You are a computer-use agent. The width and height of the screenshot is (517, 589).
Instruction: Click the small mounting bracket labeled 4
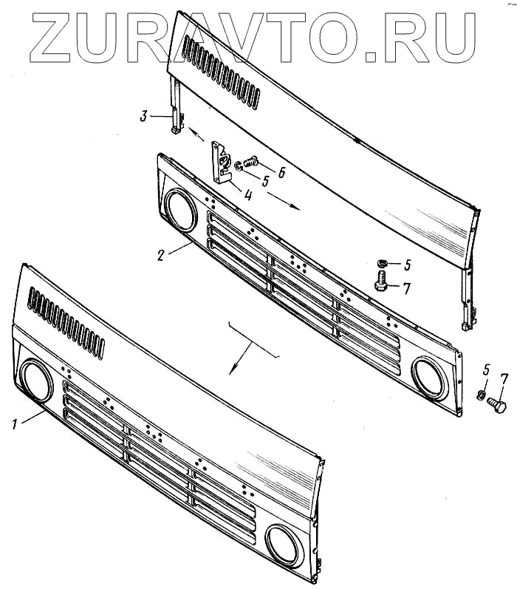tap(222, 162)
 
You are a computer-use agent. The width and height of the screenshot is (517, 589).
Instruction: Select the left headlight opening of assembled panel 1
tap(36, 381)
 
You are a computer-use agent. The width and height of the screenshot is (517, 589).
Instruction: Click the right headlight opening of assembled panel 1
tap(285, 545)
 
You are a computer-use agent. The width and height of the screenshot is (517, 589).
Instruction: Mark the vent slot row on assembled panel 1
tap(66, 322)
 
